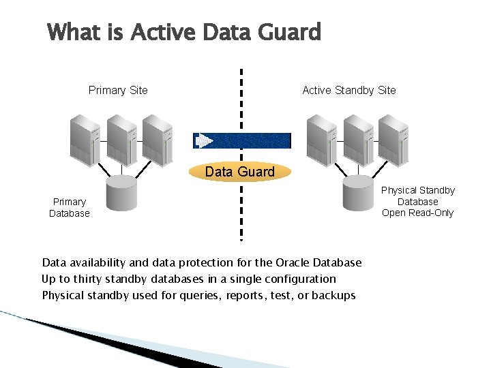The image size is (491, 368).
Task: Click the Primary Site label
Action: click(x=118, y=90)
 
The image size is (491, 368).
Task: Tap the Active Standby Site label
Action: click(x=348, y=90)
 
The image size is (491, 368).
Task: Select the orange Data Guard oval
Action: click(x=240, y=172)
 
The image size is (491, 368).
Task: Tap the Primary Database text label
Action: click(x=70, y=207)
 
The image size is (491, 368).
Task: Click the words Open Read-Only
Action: click(x=417, y=213)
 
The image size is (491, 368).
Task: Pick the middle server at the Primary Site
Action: click(x=121, y=140)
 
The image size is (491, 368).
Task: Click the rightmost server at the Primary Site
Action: click(x=157, y=140)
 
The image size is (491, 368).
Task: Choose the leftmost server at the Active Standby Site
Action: click(x=322, y=140)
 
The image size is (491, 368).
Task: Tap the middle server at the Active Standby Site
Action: click(x=359, y=140)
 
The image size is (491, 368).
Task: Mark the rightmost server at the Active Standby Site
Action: click(x=394, y=140)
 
